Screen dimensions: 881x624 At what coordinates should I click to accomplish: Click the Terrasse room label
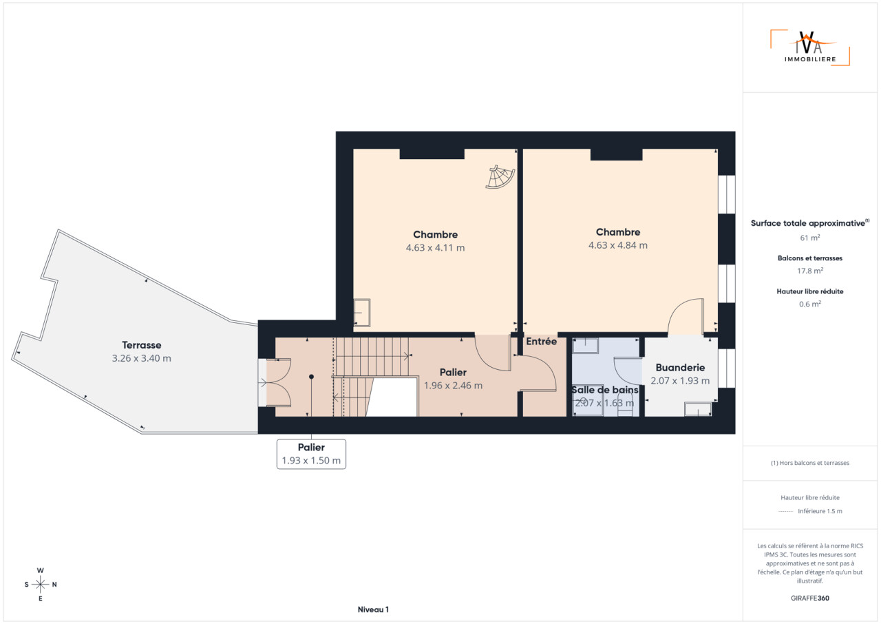pos(142,345)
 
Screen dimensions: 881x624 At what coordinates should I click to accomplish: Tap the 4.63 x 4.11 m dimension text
pos(436,248)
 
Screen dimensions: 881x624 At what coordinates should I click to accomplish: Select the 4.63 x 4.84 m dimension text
pos(618,245)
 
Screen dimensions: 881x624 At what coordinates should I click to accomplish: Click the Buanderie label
pos(680,368)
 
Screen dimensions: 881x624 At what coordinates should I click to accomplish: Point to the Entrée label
pos(541,341)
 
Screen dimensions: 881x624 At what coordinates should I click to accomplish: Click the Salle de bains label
pos(605,390)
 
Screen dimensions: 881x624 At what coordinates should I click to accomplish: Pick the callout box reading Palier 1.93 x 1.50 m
pos(311,454)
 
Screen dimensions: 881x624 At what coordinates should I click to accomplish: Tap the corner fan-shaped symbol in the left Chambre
pos(500,177)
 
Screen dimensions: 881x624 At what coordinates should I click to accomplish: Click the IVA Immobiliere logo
pos(810,48)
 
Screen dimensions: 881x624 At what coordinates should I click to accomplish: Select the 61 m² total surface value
pos(810,238)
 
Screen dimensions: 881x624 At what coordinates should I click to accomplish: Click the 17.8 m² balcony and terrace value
pos(810,271)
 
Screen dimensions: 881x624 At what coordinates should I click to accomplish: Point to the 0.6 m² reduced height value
pos(810,304)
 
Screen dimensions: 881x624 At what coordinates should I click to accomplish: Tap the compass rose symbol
pos(41,585)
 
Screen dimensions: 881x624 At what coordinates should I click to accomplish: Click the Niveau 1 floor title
pos(373,610)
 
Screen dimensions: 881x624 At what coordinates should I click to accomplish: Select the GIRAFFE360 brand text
pos(810,598)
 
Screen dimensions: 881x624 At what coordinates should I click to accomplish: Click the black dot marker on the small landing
pos(311,377)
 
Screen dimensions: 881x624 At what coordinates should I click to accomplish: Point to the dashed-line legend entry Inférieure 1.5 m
pos(810,511)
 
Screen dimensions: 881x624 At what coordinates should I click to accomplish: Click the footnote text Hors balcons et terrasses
pos(810,463)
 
